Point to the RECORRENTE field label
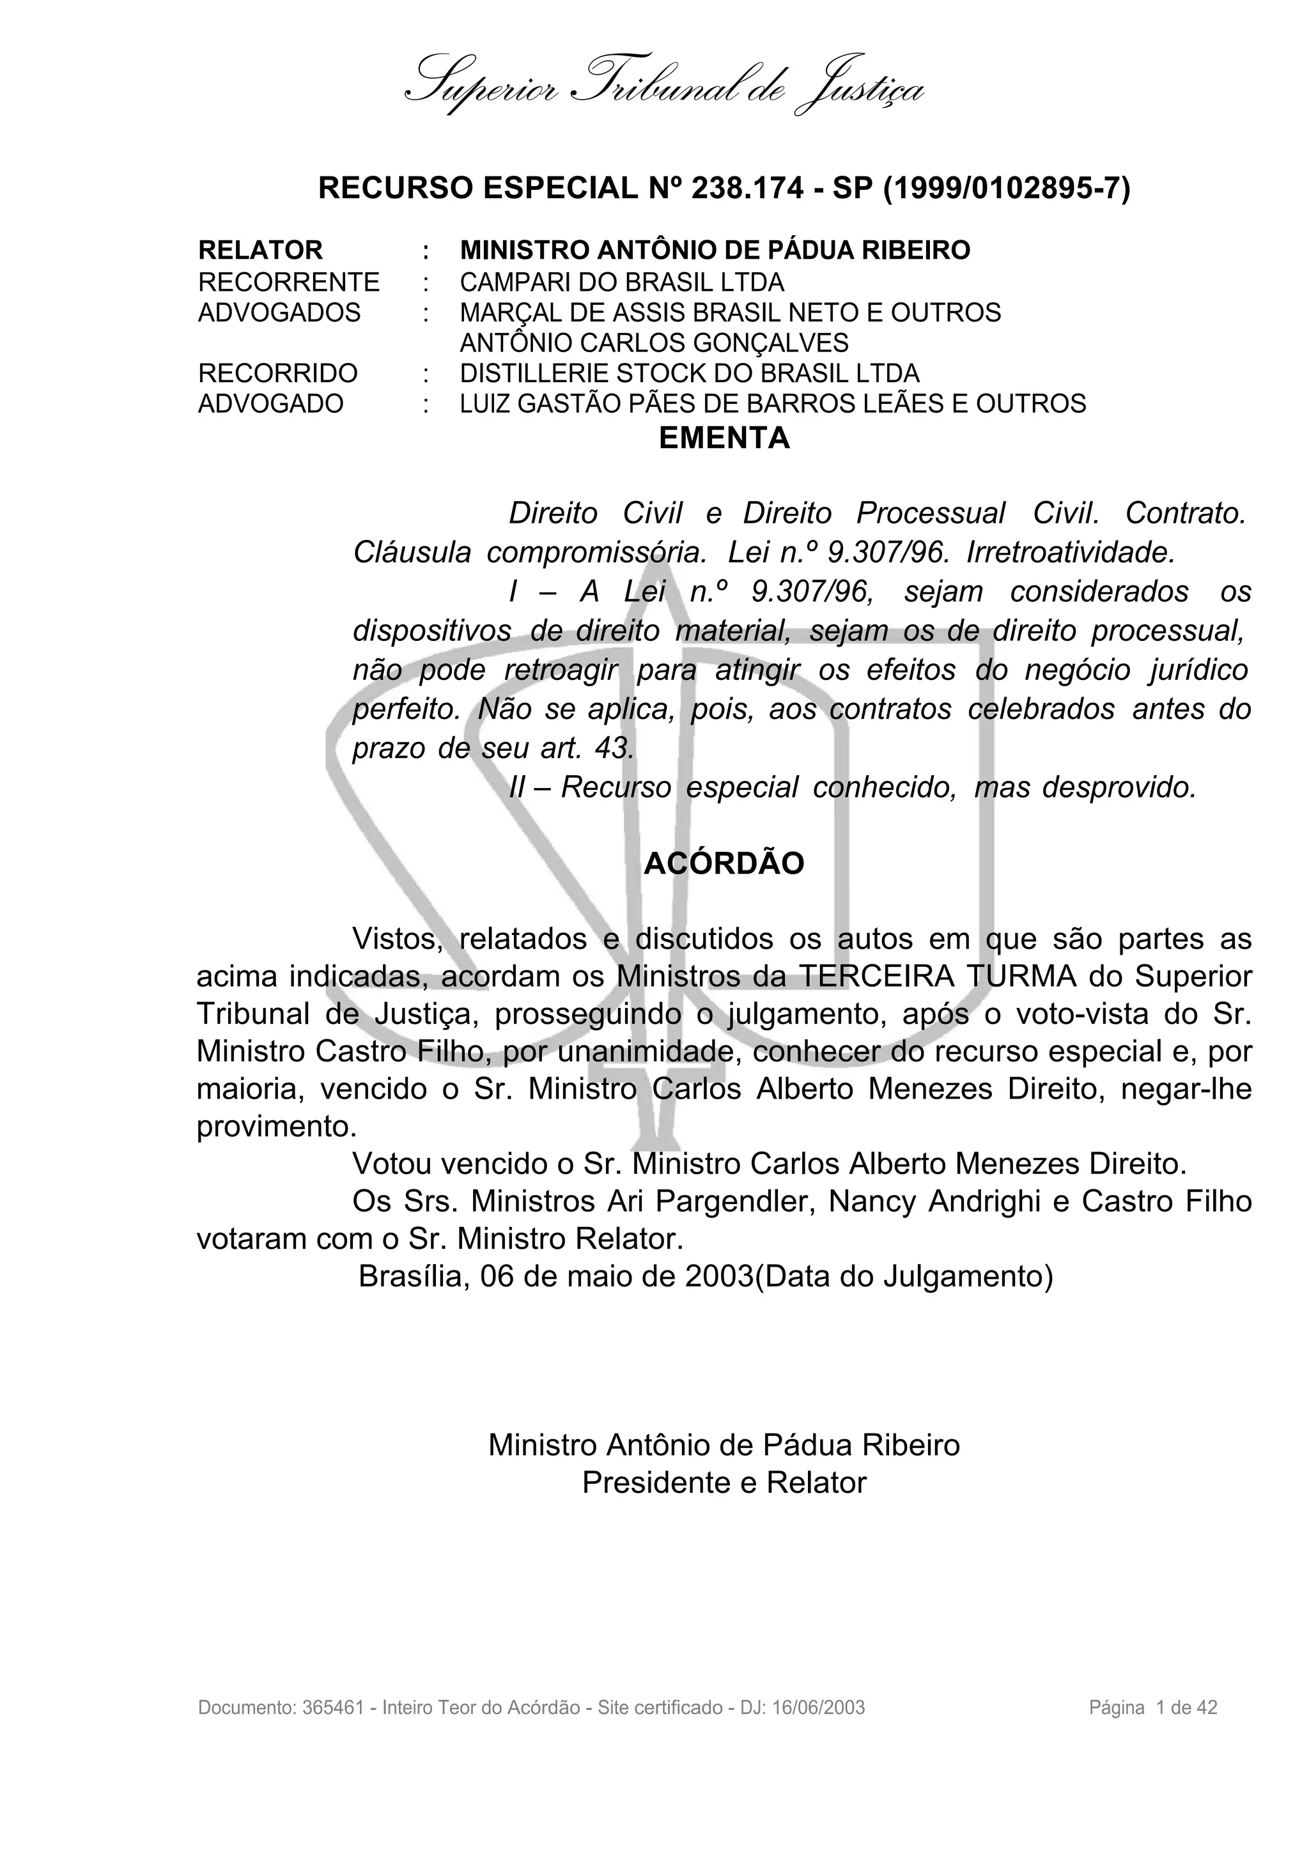(x=289, y=282)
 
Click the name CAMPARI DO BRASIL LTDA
(x=621, y=282)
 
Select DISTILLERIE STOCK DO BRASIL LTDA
(x=689, y=373)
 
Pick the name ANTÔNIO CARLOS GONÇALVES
(x=653, y=343)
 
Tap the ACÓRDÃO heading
(x=724, y=863)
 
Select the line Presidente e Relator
(x=724, y=1483)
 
